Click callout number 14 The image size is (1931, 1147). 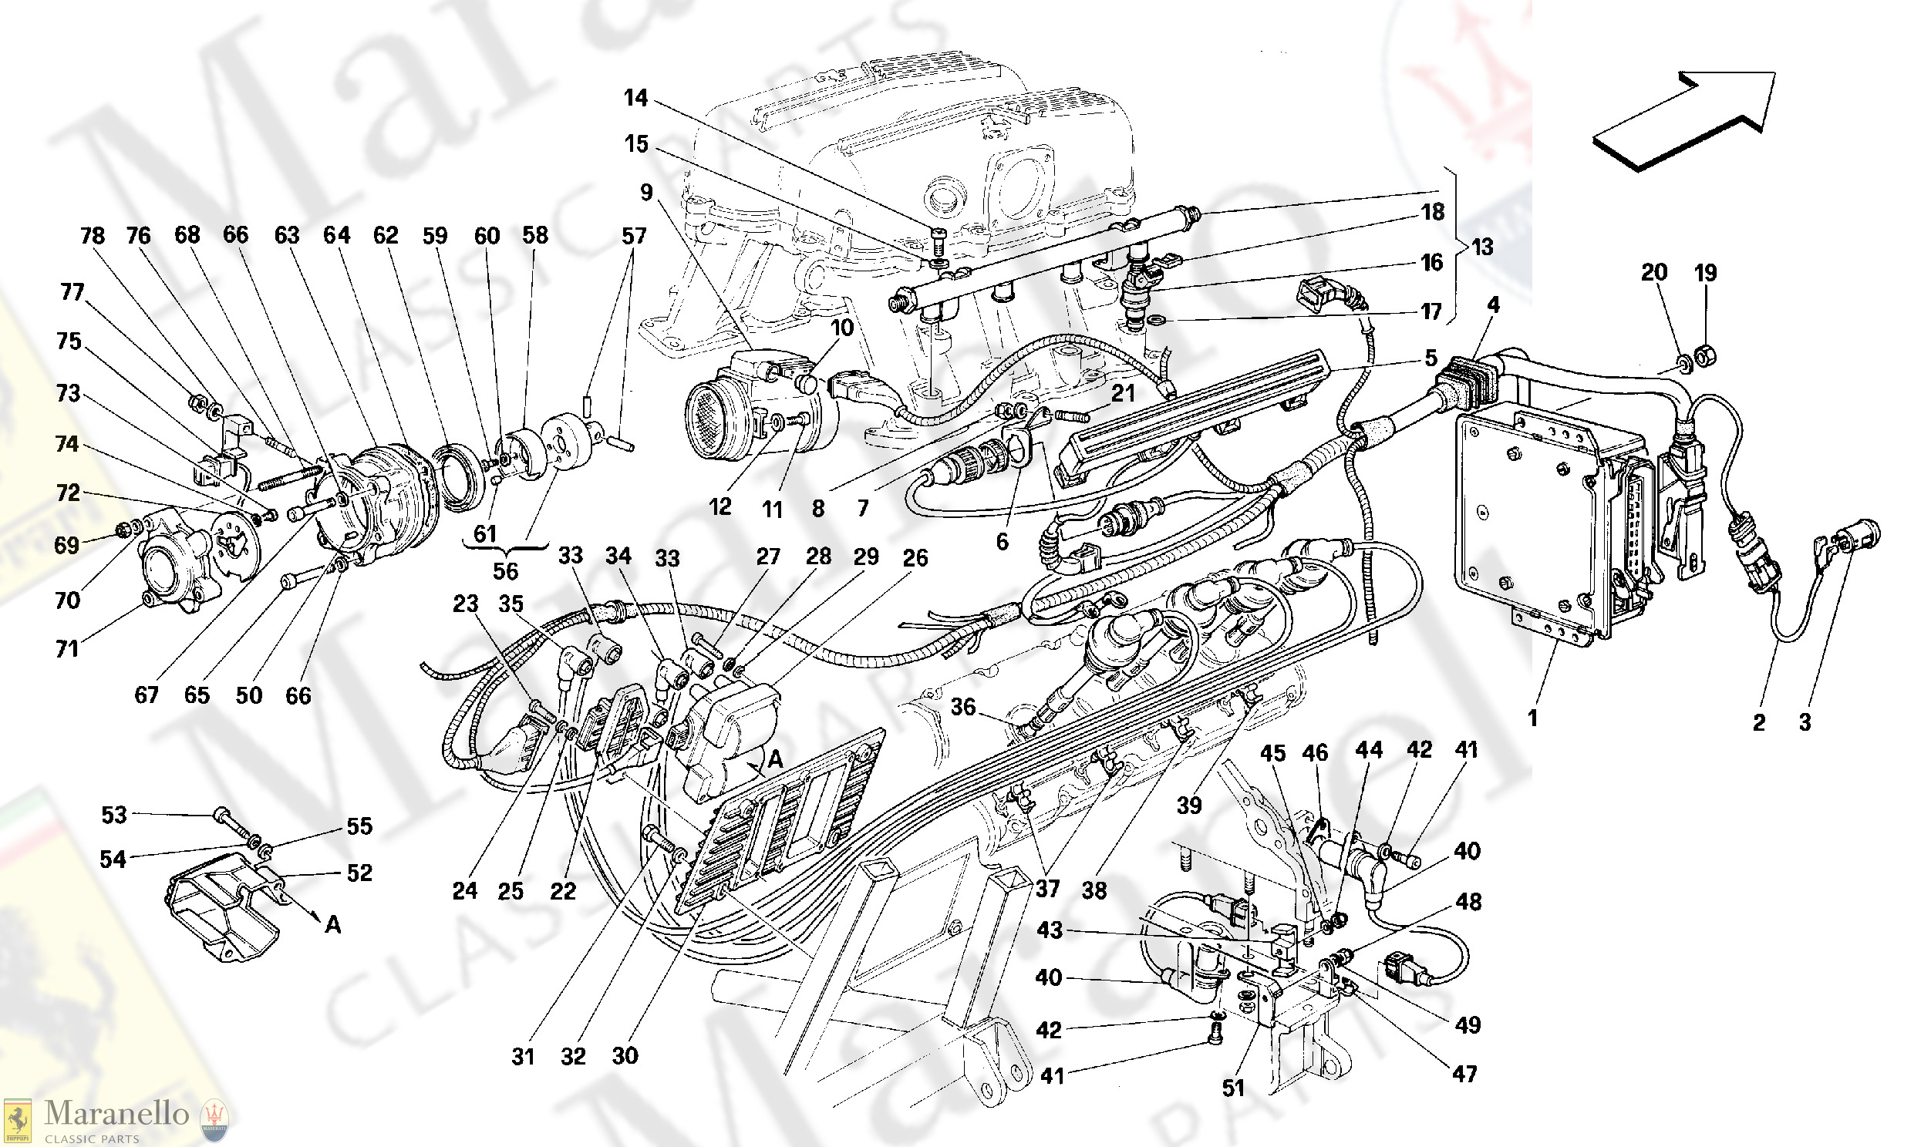tap(636, 98)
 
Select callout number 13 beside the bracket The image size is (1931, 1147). tap(1482, 247)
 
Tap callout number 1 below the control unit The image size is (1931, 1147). tap(1532, 718)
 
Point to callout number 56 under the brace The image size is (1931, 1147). tap(506, 570)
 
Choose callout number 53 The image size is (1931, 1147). tap(113, 815)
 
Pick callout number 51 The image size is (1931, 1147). tap(1233, 1088)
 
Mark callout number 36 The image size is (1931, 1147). tap(963, 707)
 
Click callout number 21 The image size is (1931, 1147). tap(1122, 393)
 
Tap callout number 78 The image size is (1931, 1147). tap(93, 236)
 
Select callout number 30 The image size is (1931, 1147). tap(625, 1055)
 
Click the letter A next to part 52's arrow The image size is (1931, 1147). tap(333, 924)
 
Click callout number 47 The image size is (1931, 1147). tap(1465, 1073)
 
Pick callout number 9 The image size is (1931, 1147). tap(647, 192)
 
